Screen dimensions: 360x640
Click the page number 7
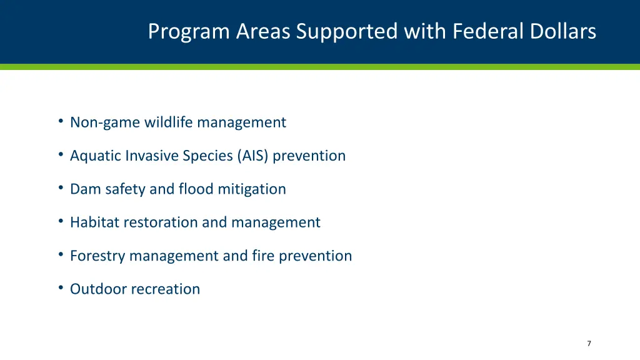click(x=589, y=343)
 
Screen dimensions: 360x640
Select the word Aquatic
click(x=96, y=156)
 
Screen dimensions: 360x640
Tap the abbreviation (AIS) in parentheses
click(x=252, y=156)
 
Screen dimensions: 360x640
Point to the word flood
click(x=196, y=189)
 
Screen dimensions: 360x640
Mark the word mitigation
click(x=252, y=189)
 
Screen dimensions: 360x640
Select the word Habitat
click(x=94, y=222)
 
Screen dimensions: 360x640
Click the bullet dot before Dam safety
click(x=61, y=187)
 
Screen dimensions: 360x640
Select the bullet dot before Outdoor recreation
click(x=61, y=287)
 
